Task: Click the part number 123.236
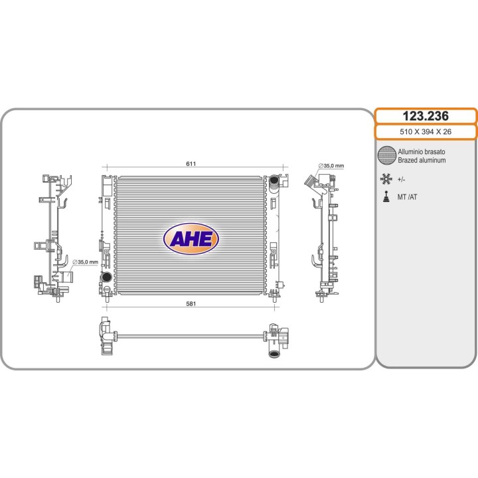pyautogui.click(x=426, y=116)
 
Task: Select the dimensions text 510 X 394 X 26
pyautogui.click(x=426, y=131)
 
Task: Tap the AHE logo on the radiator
pyautogui.click(x=191, y=239)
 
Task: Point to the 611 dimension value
pyautogui.click(x=191, y=164)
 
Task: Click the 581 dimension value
pyautogui.click(x=191, y=303)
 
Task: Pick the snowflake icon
pyautogui.click(x=386, y=179)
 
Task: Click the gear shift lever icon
pyautogui.click(x=386, y=197)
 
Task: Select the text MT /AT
pyautogui.click(x=407, y=197)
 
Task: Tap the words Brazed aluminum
pyautogui.click(x=422, y=161)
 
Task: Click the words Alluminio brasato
pyautogui.click(x=422, y=152)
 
